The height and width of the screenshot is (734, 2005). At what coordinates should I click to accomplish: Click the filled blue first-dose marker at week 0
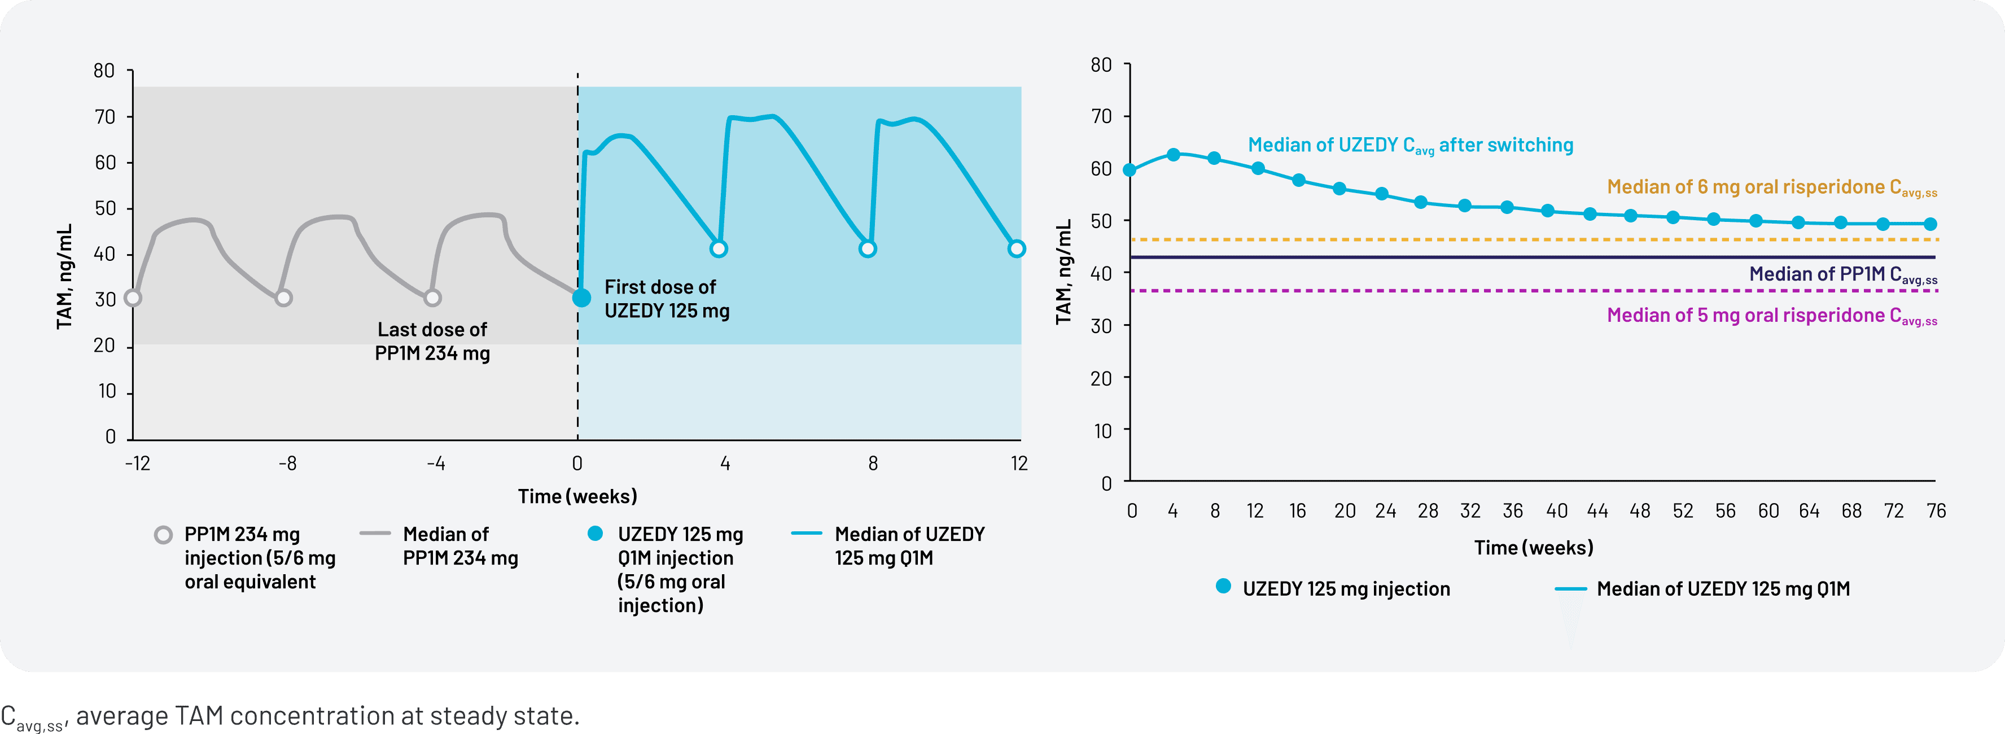(581, 298)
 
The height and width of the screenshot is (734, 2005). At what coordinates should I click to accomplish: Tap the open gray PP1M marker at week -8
(284, 298)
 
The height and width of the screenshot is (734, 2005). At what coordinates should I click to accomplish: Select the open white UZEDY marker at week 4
(719, 249)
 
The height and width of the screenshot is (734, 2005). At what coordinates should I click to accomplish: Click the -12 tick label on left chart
(138, 464)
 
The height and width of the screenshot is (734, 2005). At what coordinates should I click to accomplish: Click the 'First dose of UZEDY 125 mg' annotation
(666, 299)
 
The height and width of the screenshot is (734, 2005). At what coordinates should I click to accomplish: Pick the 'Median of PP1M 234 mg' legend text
(460, 547)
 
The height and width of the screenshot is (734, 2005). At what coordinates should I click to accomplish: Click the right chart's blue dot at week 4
(1174, 155)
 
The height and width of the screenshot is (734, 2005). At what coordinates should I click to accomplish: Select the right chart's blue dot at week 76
(1930, 224)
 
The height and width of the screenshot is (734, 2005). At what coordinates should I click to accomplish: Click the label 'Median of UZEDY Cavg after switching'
(1409, 146)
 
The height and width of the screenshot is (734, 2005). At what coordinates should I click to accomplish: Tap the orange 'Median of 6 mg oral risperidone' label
(1771, 187)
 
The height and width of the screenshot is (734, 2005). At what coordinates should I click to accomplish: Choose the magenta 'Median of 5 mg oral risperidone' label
(1771, 316)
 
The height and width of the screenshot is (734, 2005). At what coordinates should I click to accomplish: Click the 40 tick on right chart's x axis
(1556, 512)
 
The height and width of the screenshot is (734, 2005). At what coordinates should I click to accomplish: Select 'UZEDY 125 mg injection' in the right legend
(1346, 589)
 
